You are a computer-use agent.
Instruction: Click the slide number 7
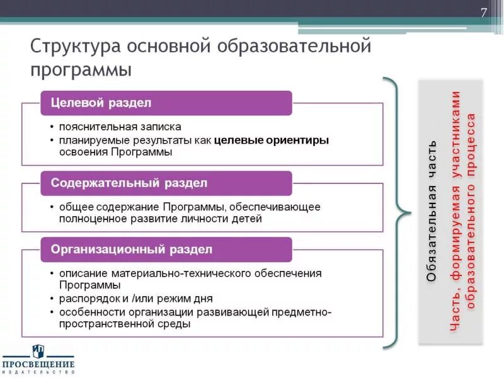[x=484, y=13]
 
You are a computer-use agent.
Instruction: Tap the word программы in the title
[x=81, y=69]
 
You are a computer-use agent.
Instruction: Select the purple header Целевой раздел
[x=101, y=103]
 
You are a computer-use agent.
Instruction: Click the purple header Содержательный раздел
[x=129, y=183]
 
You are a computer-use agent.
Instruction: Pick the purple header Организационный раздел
[x=132, y=249]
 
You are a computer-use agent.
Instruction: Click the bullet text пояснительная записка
[x=120, y=126]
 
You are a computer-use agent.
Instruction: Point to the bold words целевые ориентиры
[x=272, y=140]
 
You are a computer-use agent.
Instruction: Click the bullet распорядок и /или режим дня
[x=136, y=299]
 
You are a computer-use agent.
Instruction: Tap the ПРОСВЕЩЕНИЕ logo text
[x=38, y=365]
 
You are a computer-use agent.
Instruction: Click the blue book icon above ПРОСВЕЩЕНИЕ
[x=38, y=351]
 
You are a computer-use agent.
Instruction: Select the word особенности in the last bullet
[x=89, y=312]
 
